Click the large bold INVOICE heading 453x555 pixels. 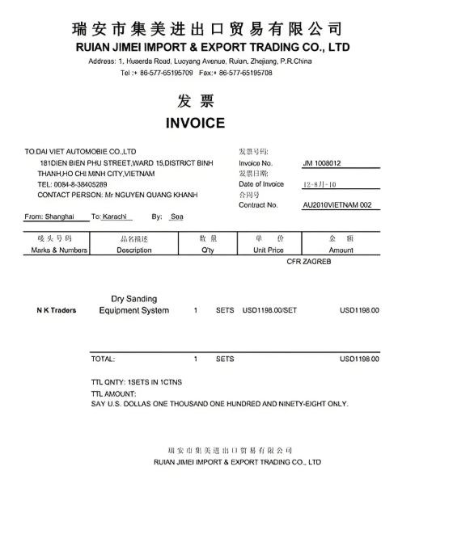pyautogui.click(x=195, y=123)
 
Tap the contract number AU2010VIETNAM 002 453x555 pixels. pyautogui.click(x=337, y=205)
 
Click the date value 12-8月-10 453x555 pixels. pyautogui.click(x=320, y=184)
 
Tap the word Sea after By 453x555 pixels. pyautogui.click(x=176, y=217)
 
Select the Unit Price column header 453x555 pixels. pyautogui.click(x=268, y=250)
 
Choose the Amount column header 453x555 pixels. pyautogui.click(x=341, y=250)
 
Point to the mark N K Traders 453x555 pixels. pyautogui.click(x=57, y=310)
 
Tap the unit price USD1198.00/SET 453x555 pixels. pyautogui.click(x=270, y=310)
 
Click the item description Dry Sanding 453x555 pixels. pyautogui.click(x=134, y=299)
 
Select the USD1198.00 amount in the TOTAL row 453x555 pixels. pyautogui.click(x=359, y=359)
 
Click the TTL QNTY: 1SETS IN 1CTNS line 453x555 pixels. pyautogui.click(x=137, y=381)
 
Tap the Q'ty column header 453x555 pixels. pyautogui.click(x=208, y=250)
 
